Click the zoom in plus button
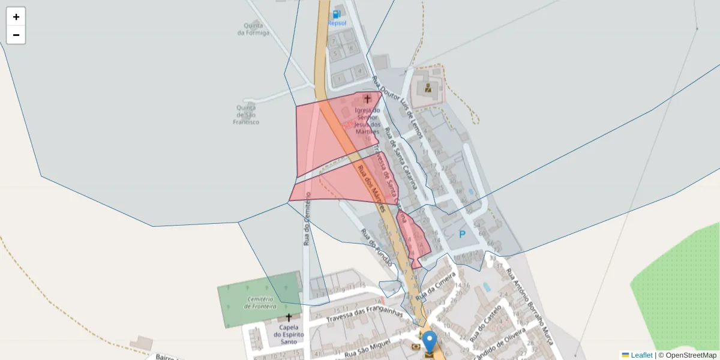pos(16,17)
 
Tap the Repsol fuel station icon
pos(337,14)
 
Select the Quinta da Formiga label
pos(253,29)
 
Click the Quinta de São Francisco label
pos(246,115)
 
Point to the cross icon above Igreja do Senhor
pos(368,98)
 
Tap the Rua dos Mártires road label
pos(370,186)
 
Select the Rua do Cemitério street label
pos(307,218)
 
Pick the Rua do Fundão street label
pos(376,247)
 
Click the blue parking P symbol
pos(462,235)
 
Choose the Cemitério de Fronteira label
pos(259,302)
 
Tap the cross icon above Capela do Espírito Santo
pos(289,317)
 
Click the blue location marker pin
pos(430,342)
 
